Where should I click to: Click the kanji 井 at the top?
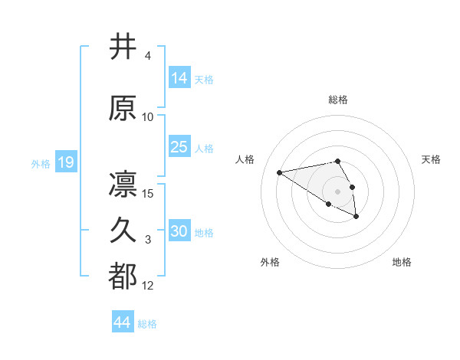tap(123, 47)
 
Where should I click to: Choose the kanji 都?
tap(123, 277)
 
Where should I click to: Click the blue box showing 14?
tap(179, 77)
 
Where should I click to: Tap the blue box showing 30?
tap(179, 231)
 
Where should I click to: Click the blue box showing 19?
tap(65, 162)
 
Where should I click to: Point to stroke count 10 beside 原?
tap(148, 117)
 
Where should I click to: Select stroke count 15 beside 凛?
tap(148, 193)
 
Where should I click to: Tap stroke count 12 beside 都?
tap(148, 286)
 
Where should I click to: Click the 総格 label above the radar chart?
tap(338, 100)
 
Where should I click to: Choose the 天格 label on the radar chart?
tap(431, 159)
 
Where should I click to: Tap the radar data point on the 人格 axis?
tap(280, 172)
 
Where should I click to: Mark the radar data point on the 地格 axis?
tap(356, 217)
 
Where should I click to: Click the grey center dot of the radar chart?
tap(338, 191)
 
